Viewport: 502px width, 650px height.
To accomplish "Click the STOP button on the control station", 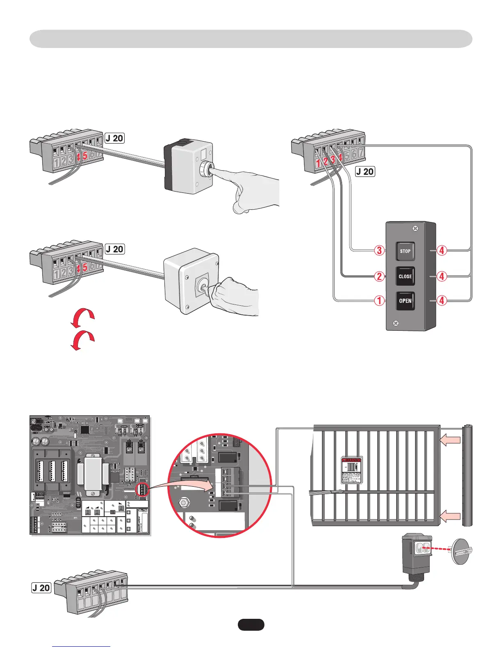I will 405,251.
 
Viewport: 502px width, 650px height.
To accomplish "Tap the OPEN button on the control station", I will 405,301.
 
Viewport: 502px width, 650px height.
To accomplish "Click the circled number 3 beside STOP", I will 380,250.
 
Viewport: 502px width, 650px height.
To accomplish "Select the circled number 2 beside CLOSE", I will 380,276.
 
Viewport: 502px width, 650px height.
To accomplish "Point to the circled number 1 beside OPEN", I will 380,301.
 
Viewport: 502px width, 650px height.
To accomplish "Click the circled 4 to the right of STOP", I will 442,250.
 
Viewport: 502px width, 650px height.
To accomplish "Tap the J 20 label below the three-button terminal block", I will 365,172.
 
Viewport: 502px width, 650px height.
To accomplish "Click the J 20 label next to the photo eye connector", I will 41,588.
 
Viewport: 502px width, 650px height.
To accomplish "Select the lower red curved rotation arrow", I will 83,340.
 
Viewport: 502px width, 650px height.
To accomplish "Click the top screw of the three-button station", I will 415,228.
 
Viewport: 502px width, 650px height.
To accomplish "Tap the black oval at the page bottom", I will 251,625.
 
